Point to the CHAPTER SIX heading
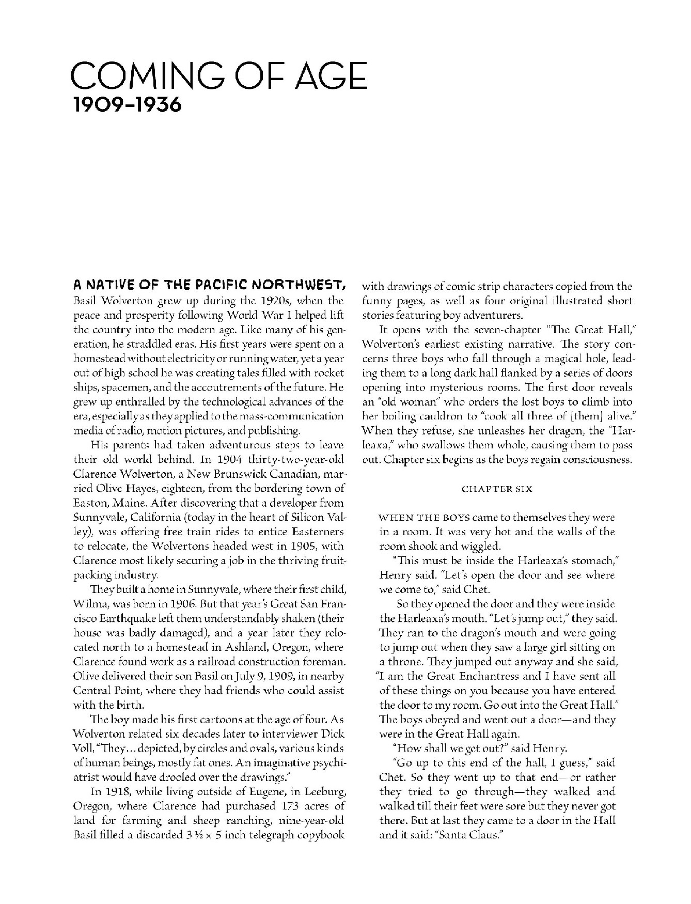coord(496,489)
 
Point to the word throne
coord(400,662)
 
